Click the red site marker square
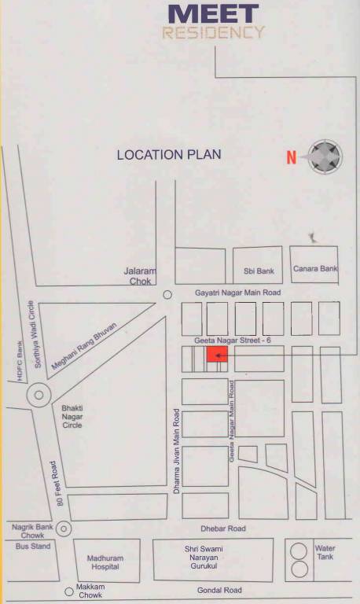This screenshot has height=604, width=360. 218,356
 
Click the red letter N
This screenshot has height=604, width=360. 291,157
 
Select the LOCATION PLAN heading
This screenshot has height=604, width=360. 169,155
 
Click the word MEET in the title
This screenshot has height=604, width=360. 213,13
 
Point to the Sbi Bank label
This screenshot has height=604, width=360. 255,270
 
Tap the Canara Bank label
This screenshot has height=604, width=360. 315,269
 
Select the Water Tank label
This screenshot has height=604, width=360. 325,552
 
